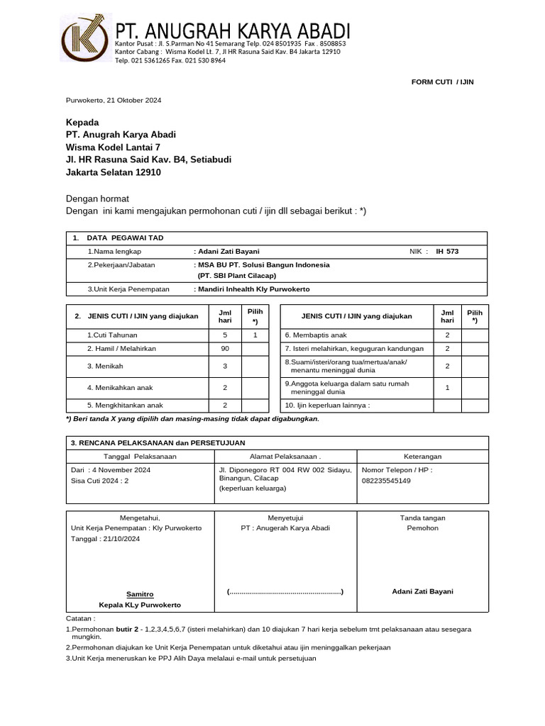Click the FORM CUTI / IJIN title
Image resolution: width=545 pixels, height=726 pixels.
click(442, 82)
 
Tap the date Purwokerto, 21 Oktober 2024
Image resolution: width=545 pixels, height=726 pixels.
click(114, 101)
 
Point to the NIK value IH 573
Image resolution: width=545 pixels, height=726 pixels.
click(447, 252)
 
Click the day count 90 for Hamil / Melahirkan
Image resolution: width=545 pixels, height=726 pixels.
click(225, 349)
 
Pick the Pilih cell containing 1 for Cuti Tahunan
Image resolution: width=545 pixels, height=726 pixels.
click(254, 335)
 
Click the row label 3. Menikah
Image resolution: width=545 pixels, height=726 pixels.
click(104, 367)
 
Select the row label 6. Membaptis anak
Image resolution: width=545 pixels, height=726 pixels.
click(316, 335)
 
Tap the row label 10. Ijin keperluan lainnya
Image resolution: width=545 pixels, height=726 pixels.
click(328, 406)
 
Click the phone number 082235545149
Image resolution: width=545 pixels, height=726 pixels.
click(386, 481)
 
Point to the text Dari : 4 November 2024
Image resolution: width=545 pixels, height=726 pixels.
click(110, 470)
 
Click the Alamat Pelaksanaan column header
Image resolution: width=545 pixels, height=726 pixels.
click(285, 457)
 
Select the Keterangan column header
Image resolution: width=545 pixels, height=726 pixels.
click(422, 457)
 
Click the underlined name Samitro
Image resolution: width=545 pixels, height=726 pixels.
click(140, 594)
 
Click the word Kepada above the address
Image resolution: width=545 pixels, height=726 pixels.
click(82, 123)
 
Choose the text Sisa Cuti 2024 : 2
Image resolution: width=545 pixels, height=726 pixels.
click(99, 481)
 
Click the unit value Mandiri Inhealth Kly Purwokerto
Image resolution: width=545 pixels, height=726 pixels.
click(253, 289)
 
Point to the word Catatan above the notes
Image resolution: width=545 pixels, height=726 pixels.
click(81, 619)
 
